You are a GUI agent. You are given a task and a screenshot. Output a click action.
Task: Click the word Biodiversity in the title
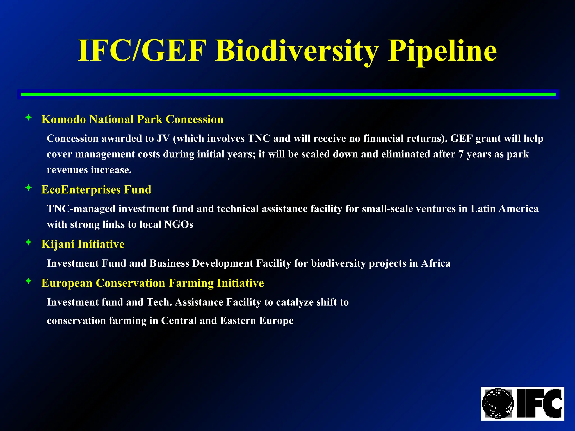[297, 51]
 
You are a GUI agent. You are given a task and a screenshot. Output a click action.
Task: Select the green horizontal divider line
[288, 94]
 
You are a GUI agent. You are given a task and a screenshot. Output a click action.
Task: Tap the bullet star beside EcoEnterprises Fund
[28, 187]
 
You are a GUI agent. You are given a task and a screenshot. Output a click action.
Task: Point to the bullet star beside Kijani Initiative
[28, 242]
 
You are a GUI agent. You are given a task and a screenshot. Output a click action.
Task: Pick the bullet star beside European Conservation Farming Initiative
[28, 281]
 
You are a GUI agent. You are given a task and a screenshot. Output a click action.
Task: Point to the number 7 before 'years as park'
[461, 154]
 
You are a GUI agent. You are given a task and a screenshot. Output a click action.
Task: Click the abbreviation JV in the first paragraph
[163, 139]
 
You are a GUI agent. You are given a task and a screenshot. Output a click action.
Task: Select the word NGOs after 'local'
[179, 224]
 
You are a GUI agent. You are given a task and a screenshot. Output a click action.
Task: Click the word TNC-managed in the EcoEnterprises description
[81, 209]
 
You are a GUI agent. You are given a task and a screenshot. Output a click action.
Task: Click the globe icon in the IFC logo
[498, 404]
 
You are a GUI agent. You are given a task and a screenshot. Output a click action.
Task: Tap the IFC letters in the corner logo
[540, 404]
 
